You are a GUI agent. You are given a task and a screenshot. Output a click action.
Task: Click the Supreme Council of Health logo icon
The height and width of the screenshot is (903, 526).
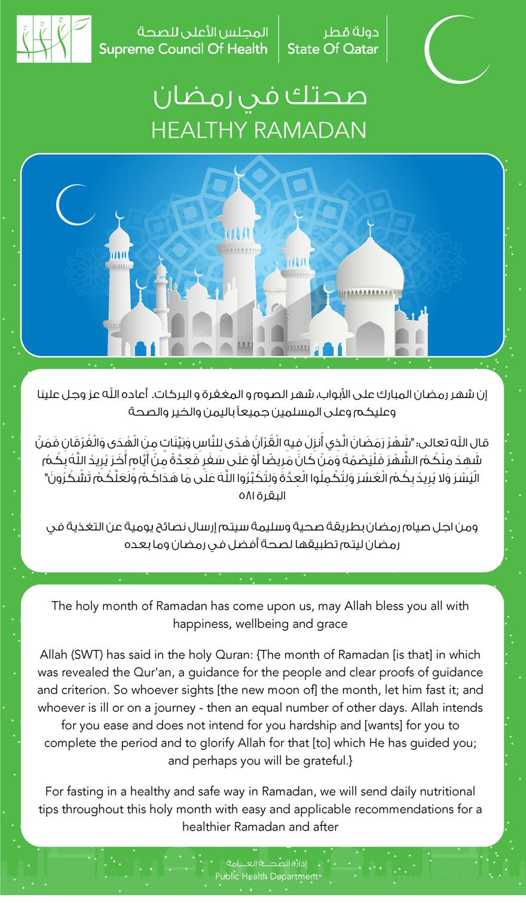click(54, 39)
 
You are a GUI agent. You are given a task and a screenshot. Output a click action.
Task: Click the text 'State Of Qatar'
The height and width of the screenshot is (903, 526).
click(332, 49)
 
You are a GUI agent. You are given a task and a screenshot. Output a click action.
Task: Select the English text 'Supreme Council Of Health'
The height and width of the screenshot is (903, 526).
click(184, 49)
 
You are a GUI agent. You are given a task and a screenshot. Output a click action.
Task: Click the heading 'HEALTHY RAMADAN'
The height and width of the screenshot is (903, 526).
click(259, 130)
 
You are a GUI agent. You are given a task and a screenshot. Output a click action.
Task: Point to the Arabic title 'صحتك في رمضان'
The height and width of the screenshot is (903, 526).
click(259, 97)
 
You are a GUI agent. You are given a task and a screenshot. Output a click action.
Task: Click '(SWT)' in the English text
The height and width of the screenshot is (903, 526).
click(91, 654)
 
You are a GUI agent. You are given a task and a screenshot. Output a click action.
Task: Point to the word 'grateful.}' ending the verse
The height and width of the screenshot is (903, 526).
click(326, 761)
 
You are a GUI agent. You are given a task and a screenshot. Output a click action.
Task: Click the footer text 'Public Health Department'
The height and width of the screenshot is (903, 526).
click(267, 876)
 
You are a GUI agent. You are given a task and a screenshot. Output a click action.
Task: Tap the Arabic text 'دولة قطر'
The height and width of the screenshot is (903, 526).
click(351, 32)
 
